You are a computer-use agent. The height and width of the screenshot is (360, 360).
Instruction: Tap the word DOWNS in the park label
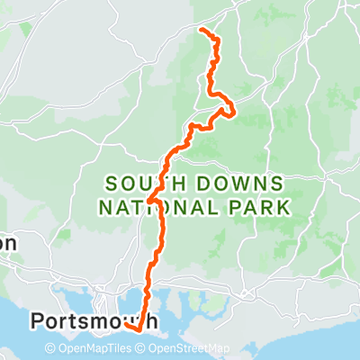(242, 183)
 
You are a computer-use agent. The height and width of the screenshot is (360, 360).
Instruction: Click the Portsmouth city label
(94, 320)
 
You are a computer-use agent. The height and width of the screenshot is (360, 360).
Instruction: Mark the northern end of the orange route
(200, 31)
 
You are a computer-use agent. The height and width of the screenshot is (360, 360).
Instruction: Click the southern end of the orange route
(126, 328)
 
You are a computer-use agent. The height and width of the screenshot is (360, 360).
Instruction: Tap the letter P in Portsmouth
(38, 320)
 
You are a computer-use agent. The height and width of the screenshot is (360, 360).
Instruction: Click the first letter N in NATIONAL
(103, 208)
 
